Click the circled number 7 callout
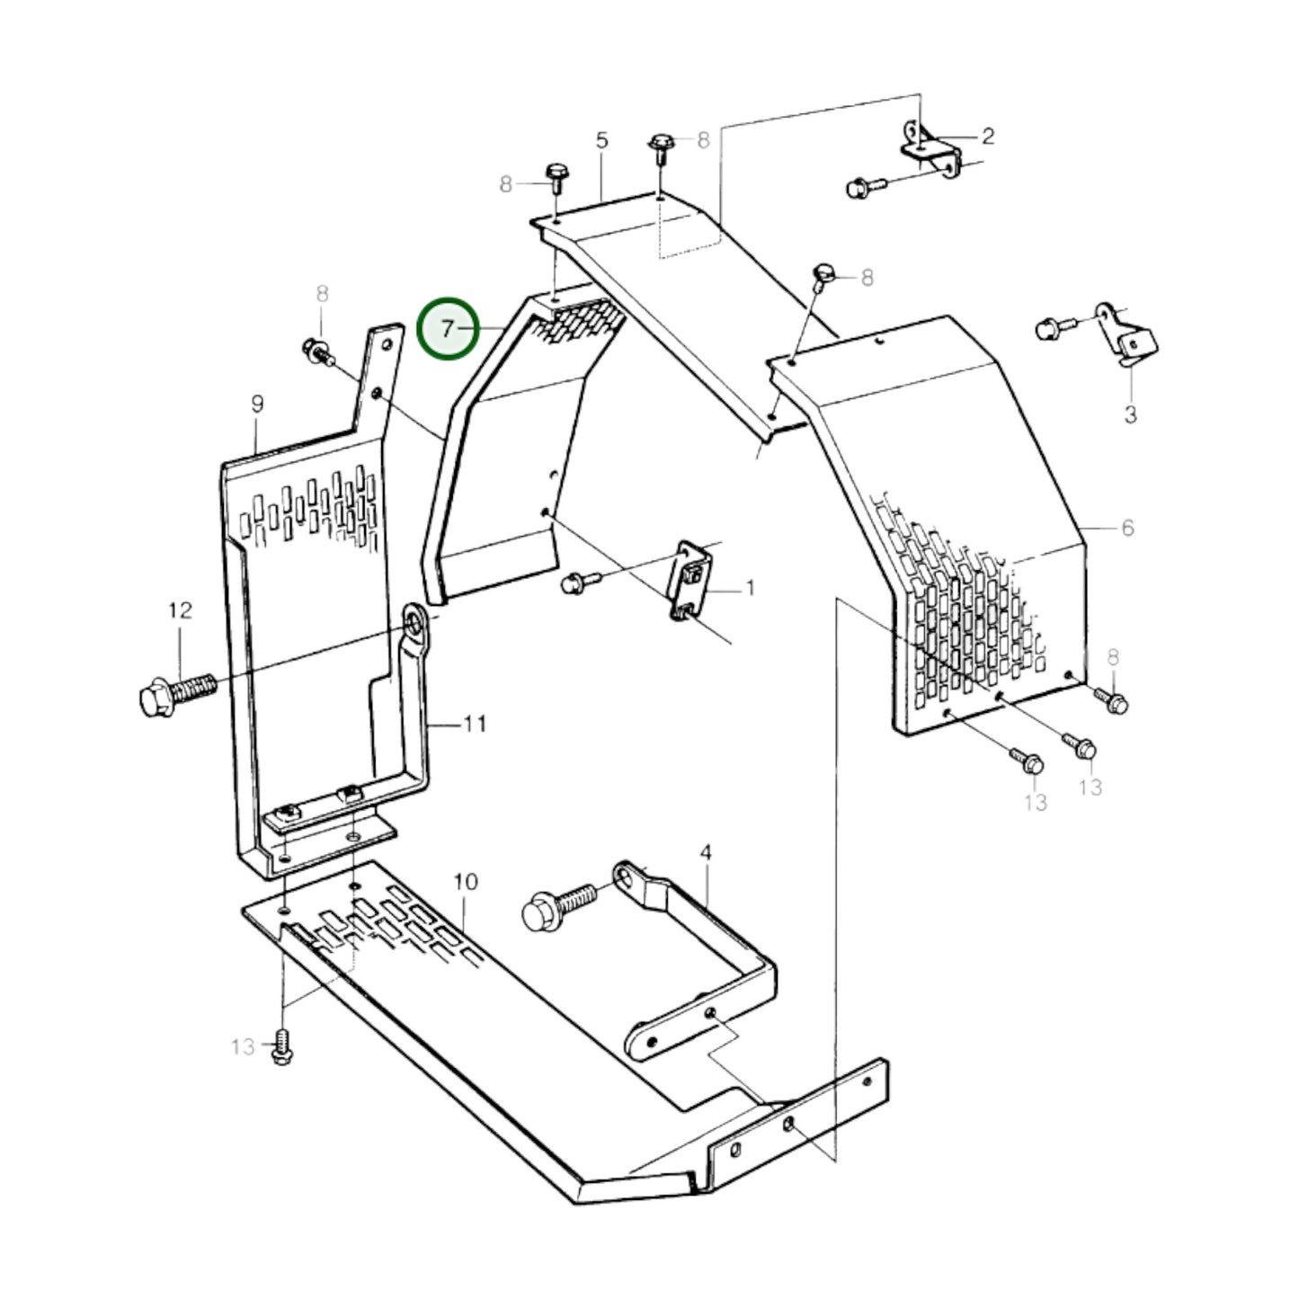tap(448, 329)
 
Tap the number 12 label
tap(180, 611)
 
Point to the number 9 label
tap(257, 405)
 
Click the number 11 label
tap(475, 723)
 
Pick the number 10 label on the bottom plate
tap(465, 882)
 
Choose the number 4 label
tap(706, 852)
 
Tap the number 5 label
tap(601, 140)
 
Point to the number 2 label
tap(988, 136)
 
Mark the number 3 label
tap(1130, 414)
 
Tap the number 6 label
tap(1127, 528)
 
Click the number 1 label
tap(750, 589)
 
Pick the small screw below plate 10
tap(282, 1049)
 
